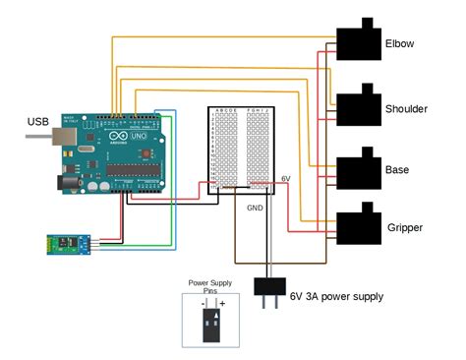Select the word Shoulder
coord(406,108)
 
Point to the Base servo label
coord(398,170)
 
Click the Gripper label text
coord(404,227)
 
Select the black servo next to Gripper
coord(358,225)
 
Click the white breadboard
coord(242,149)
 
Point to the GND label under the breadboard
coord(255,209)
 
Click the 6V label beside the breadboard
coord(286,178)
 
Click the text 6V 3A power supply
coord(336,296)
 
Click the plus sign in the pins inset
coord(222,306)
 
